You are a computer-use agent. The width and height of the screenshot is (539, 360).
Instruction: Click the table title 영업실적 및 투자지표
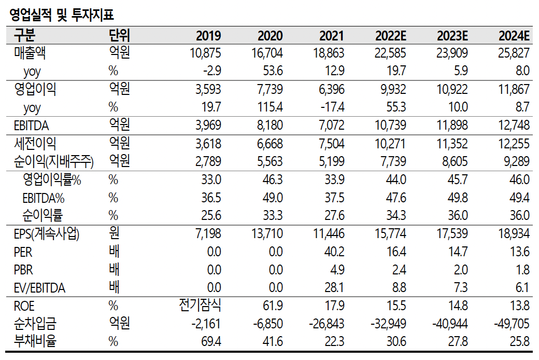click(x=62, y=15)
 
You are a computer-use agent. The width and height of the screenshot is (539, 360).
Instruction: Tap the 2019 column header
click(x=208, y=36)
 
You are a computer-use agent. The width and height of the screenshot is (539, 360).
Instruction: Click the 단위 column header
click(x=119, y=36)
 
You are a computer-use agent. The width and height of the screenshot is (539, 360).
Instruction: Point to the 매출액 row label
click(x=34, y=53)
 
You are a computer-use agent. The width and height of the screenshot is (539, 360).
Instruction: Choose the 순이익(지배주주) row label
click(x=54, y=161)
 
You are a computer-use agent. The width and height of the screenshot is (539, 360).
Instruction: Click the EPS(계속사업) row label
click(x=47, y=233)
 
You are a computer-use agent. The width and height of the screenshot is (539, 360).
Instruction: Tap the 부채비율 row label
click(x=35, y=341)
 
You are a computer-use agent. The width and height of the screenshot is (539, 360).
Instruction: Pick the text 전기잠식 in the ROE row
click(x=200, y=306)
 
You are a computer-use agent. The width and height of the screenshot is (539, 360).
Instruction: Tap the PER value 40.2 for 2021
click(x=334, y=252)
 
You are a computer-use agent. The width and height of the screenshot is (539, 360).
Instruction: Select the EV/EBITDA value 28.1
click(x=334, y=288)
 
